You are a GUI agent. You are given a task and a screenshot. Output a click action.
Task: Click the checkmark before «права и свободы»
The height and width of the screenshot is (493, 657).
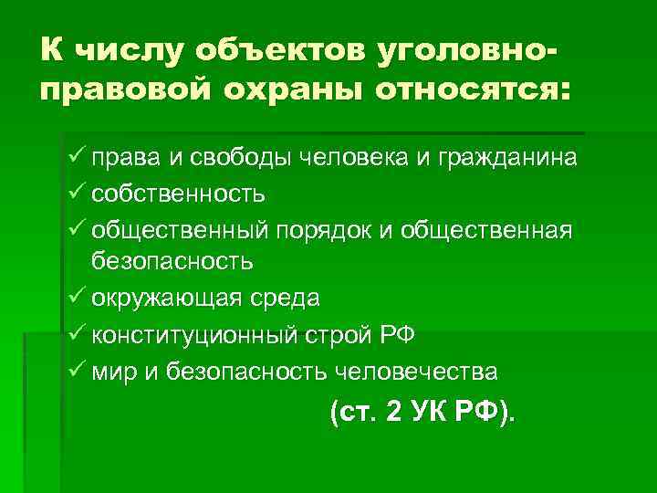click(76, 157)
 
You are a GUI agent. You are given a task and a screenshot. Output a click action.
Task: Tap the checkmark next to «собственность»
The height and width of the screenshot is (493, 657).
click(76, 193)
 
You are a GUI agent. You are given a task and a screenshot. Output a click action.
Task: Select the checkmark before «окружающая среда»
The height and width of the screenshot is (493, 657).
click(76, 298)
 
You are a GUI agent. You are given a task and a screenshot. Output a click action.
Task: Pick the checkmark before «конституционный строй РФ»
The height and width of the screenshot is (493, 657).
click(76, 333)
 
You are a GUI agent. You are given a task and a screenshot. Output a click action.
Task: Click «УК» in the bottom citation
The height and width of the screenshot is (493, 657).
click(430, 412)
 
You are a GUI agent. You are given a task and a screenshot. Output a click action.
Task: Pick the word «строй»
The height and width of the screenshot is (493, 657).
click(334, 334)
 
